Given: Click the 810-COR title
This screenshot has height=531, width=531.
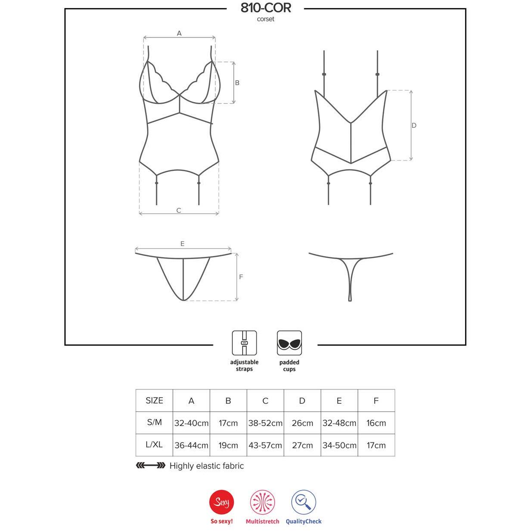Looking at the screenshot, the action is (265, 8).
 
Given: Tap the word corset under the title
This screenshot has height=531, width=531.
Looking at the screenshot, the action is (265, 19).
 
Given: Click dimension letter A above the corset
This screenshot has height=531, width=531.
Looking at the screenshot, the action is (179, 33).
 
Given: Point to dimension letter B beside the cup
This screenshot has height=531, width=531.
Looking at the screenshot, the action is (237, 83).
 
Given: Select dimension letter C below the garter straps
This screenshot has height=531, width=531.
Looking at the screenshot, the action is (179, 210).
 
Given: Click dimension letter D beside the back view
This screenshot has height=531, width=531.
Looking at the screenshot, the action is (414, 125).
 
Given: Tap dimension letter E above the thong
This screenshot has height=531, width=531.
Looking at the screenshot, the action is (182, 244).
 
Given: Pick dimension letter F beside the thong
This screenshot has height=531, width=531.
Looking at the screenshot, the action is (241, 277).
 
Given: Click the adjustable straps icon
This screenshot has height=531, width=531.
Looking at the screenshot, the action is (244, 343).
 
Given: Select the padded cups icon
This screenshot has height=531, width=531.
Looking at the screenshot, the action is (289, 343).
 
